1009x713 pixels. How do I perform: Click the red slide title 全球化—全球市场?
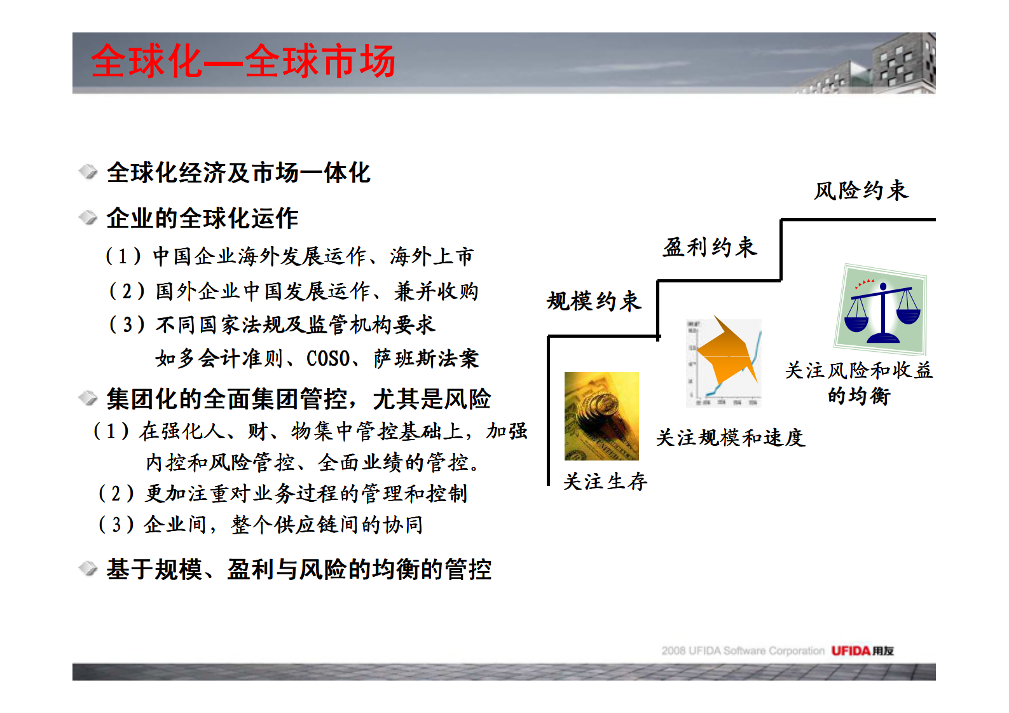[243, 62]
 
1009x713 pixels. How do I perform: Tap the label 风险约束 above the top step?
[861, 190]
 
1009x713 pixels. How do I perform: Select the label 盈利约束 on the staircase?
[710, 247]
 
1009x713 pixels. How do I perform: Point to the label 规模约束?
[594, 301]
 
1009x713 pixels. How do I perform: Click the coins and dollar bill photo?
[601, 416]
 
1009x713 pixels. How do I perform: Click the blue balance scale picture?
[881, 310]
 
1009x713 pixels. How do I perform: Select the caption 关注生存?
[605, 481]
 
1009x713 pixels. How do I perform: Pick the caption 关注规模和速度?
[731, 438]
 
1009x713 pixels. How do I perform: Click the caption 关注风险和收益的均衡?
[858, 383]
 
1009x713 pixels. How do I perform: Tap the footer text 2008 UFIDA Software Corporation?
[743, 651]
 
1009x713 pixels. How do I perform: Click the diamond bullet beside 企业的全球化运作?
[88, 218]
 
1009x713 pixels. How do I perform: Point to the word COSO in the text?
[328, 359]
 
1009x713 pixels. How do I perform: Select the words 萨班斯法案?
[426, 359]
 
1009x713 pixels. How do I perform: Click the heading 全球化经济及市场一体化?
[238, 173]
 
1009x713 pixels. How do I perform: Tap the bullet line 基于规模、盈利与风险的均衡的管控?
[299, 569]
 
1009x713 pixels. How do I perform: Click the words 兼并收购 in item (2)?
[436, 291]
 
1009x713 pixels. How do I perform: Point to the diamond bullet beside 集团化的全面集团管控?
[88, 399]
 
